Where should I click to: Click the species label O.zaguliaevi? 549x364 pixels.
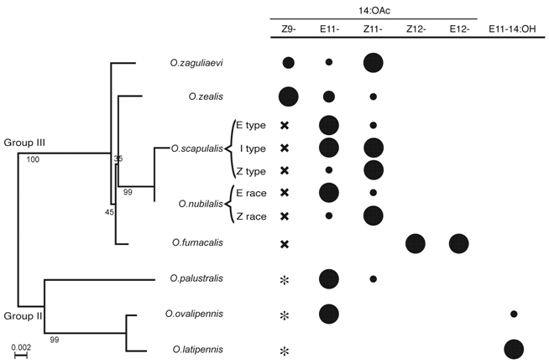197,62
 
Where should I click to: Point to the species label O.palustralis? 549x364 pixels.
198,278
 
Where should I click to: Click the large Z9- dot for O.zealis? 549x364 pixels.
288,96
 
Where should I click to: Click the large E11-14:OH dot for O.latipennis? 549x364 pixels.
514,349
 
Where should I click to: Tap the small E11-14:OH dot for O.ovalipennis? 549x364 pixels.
514,314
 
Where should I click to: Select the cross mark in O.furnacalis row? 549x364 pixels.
285,244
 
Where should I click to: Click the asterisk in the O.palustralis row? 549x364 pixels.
285,278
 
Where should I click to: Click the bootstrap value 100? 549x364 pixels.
33,159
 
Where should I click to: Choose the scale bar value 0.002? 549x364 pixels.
23,344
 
